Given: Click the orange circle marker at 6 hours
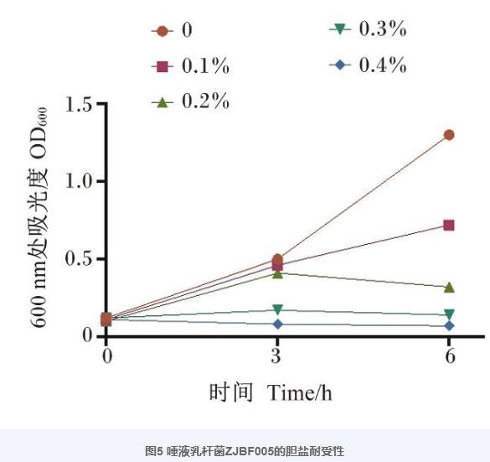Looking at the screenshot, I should point(449,135).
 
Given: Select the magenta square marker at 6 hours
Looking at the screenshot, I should point(449,225).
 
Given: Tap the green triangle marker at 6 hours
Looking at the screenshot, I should point(449,287).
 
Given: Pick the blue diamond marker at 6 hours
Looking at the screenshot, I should point(449,325).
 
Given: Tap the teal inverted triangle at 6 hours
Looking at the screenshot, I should point(449,315).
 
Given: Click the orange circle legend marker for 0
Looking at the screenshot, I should point(161,31).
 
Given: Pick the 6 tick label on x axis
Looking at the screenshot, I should point(449,356).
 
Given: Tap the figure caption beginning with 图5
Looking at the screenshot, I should point(244,450).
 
